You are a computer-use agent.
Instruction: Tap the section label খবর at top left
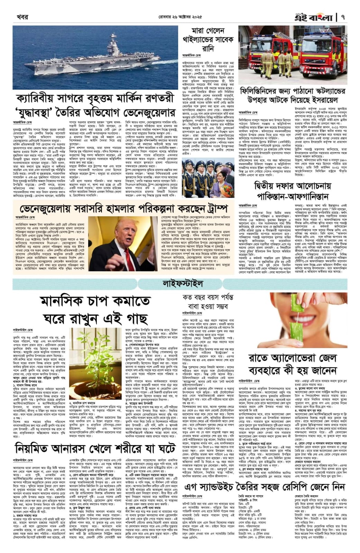coord(22,17)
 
